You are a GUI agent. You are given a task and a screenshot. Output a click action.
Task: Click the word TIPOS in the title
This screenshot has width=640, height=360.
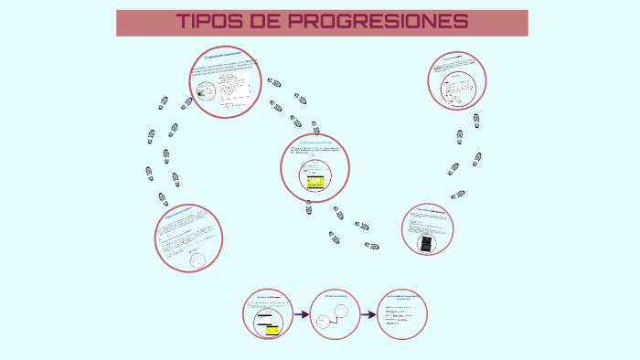point(209,22)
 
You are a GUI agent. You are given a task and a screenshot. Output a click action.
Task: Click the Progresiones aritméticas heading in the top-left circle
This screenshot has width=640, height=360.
point(225,57)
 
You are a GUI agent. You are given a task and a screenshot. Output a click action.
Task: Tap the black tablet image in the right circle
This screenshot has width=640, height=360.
point(425,244)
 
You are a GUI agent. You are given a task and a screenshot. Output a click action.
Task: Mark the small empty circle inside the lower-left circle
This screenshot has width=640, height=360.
point(197,259)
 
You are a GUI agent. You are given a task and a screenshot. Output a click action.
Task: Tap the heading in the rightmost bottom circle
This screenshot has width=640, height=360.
point(403,298)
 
